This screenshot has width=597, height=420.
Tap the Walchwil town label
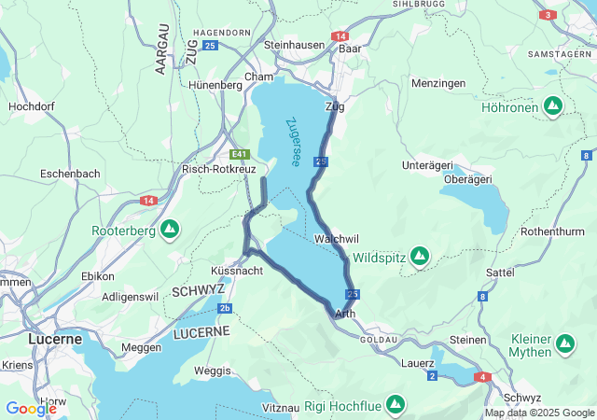coord(337,239)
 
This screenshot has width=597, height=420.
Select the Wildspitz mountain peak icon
coord(420,255)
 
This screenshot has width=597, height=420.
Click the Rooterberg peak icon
coord(170,229)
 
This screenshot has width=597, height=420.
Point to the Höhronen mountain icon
coord(553,106)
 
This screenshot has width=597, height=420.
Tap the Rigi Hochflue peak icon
coord(396,405)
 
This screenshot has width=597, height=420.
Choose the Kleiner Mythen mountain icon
coord(564,344)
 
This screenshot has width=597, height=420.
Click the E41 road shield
coord(241,154)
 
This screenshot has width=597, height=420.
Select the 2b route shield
coord(225,307)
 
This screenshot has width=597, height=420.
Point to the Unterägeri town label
coord(426,165)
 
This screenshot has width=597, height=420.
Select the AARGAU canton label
coord(161,49)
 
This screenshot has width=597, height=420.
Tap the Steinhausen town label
coord(295,45)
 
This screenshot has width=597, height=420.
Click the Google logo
coord(31,409)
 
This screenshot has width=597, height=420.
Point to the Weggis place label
coord(212,371)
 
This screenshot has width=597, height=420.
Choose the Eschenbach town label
coord(70,174)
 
